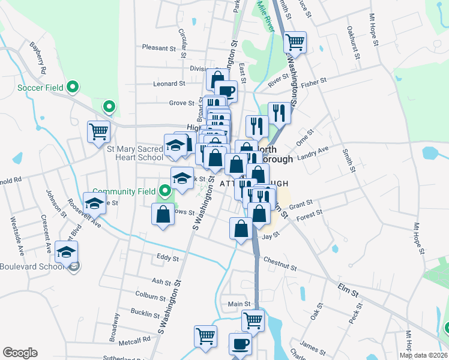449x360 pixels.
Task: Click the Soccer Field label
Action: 40,88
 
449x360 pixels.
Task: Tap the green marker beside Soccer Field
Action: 73,88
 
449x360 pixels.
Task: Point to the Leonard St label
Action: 169,84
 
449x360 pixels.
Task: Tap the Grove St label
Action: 181,103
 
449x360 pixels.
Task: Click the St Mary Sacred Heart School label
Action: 135,152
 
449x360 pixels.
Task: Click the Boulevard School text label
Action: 31,267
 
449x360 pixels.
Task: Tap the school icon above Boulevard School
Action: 66,251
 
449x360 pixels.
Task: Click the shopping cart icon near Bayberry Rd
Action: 98,131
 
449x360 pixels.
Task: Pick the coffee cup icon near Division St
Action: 226,91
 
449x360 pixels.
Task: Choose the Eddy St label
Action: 167,258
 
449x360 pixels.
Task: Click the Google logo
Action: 20,353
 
